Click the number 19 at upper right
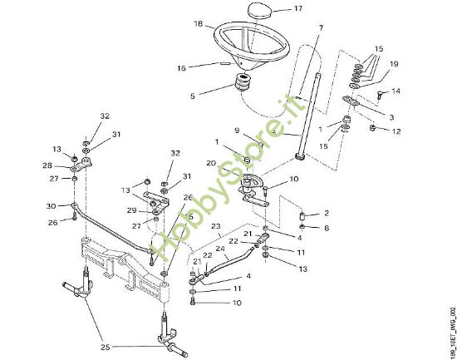tap(394, 63)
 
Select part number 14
tap(396, 91)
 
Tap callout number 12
tap(396, 131)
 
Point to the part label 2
tap(327, 213)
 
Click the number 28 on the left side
tap(49, 165)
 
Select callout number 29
tap(131, 211)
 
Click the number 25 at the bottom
tap(103, 345)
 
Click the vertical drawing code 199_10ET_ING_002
tap(450, 328)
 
